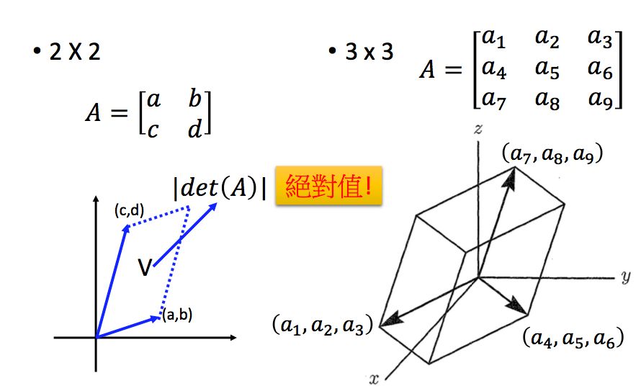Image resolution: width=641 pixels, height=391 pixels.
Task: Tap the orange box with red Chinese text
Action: (x=328, y=189)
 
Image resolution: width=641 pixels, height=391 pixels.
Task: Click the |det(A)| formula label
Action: (x=220, y=189)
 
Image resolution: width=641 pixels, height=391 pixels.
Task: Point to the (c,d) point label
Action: (x=130, y=210)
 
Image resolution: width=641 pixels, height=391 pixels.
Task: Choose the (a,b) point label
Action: (x=176, y=314)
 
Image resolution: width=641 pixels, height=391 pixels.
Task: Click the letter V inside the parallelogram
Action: (x=145, y=269)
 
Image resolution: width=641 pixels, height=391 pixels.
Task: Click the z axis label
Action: (x=477, y=129)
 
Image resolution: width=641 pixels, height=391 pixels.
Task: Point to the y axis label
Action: (x=624, y=277)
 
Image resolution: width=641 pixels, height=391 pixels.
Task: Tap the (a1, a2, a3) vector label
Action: (x=321, y=326)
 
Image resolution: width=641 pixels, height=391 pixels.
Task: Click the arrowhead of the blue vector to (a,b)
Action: (x=158, y=317)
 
